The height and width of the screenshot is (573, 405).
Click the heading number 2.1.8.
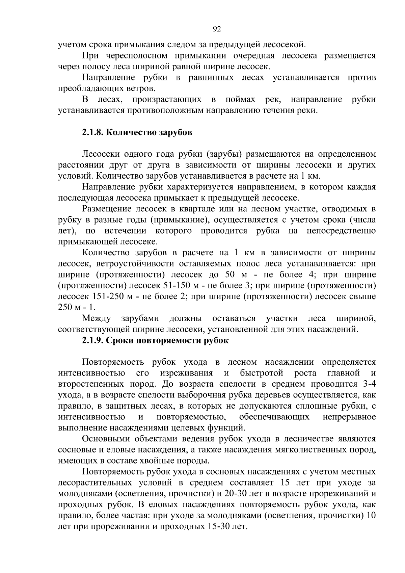pyautogui.click(x=92, y=132)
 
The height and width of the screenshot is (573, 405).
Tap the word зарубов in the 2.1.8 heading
pyautogui.click(x=175, y=132)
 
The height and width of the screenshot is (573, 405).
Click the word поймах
pyautogui.click(x=238, y=99)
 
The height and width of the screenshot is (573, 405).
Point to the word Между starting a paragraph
pyautogui.click(x=97, y=318)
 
